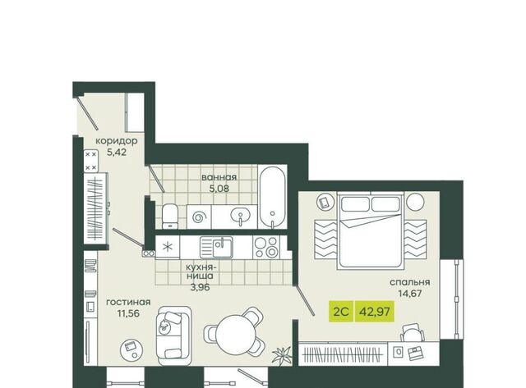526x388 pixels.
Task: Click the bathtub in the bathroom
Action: tap(272, 197)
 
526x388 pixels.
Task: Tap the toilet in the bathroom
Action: tap(170, 217)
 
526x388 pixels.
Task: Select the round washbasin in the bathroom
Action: tap(240, 215)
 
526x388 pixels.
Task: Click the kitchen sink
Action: tap(216, 248)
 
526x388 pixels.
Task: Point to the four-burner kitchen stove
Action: tap(266, 247)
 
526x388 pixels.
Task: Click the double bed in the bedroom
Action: tap(371, 230)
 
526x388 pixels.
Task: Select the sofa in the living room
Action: tap(173, 336)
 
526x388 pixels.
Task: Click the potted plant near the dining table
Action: tap(282, 354)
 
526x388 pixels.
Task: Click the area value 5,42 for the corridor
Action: tap(117, 152)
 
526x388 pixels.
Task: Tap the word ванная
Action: tap(219, 177)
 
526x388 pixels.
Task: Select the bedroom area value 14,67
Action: tap(409, 294)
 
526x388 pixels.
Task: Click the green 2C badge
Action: tap(341, 312)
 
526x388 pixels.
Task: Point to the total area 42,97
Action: tap(375, 312)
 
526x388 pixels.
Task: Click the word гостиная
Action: tap(128, 303)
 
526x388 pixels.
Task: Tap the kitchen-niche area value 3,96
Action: tap(200, 287)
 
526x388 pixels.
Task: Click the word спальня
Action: tap(409, 282)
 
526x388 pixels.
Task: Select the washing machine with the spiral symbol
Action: tap(199, 217)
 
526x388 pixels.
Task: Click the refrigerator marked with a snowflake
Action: tap(168, 247)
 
